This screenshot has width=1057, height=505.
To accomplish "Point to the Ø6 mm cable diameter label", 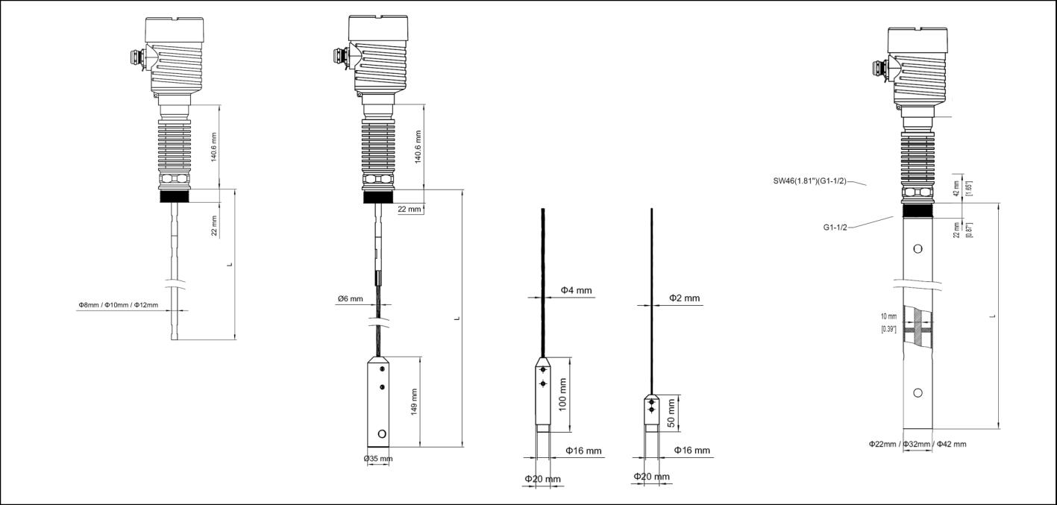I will pos(350,299).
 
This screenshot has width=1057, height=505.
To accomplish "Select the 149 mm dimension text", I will pos(413,402).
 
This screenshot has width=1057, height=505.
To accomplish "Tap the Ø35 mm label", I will pos(377,458).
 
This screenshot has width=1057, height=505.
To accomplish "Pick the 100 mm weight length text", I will pos(563,394).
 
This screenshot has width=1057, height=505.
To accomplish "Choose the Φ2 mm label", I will pos(684,298).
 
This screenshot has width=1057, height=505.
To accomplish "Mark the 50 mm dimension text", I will pos(671,413).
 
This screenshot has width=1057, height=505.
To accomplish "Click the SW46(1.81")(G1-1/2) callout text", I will pos(810,181).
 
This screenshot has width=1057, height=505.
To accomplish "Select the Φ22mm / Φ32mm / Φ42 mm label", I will pos(917,444).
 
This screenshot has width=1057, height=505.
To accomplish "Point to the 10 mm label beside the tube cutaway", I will pos(888,316).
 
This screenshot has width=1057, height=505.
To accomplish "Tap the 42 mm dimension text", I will pos(957,188).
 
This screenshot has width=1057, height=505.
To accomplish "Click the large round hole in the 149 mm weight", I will pos(383,433).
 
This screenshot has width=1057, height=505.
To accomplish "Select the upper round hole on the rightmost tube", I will pos(918,248).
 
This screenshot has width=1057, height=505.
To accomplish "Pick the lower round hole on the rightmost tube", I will pos(918,393).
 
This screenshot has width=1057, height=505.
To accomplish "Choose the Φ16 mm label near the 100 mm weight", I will pos(583,451).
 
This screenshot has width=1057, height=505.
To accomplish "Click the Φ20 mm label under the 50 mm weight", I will pos(651,477).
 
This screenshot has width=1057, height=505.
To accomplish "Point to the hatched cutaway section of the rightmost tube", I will pos(918,328).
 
